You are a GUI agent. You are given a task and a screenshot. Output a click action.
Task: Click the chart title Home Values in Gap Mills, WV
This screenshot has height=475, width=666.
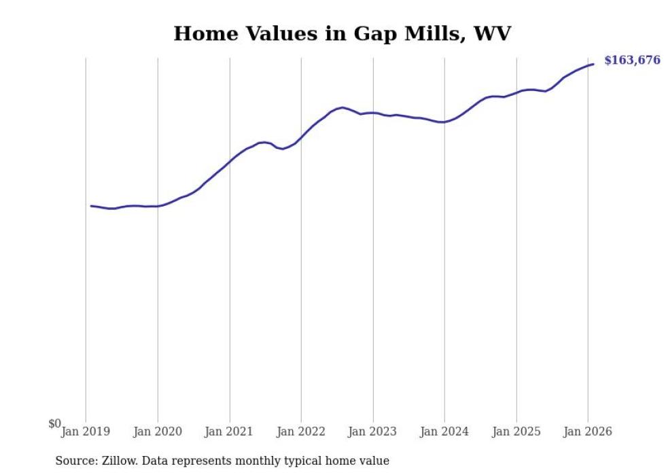pyautogui.click(x=341, y=33)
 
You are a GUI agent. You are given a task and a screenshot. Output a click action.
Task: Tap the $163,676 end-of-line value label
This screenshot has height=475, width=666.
pyautogui.click(x=632, y=60)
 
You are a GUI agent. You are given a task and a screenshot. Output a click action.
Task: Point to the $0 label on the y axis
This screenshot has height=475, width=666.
pyautogui.click(x=54, y=424)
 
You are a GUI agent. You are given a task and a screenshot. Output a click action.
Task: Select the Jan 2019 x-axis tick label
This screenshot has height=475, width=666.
pyautogui.click(x=86, y=432)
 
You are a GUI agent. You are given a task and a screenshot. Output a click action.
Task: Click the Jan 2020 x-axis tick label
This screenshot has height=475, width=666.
pyautogui.click(x=158, y=432)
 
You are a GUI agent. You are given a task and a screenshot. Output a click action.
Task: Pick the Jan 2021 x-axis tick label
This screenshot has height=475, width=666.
pyautogui.click(x=230, y=432)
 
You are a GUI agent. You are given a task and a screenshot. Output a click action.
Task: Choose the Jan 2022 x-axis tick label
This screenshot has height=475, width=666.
pyautogui.click(x=301, y=432)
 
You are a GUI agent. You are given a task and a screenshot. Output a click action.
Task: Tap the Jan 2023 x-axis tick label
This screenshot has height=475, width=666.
pyautogui.click(x=373, y=432)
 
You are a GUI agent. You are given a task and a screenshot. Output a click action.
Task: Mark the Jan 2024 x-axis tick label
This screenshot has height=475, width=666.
pyautogui.click(x=444, y=432)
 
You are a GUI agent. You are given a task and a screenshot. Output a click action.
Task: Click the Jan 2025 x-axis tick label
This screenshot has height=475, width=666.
pyautogui.click(x=516, y=432)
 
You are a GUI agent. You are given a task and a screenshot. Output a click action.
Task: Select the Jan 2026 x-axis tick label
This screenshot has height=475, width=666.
pyautogui.click(x=589, y=432)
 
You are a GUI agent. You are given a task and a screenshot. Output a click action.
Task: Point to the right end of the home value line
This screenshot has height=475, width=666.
pyautogui.click(x=593, y=64)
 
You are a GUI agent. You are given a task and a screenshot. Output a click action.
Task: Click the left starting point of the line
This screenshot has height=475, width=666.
pyautogui.click(x=91, y=205)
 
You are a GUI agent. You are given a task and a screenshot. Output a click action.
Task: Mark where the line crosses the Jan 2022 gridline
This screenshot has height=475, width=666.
pyautogui.click(x=301, y=138)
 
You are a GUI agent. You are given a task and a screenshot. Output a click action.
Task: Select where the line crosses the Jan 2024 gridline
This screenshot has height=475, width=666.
pyautogui.click(x=444, y=122)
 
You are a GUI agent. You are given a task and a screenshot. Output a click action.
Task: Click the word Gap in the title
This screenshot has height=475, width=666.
pyautogui.click(x=372, y=33)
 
